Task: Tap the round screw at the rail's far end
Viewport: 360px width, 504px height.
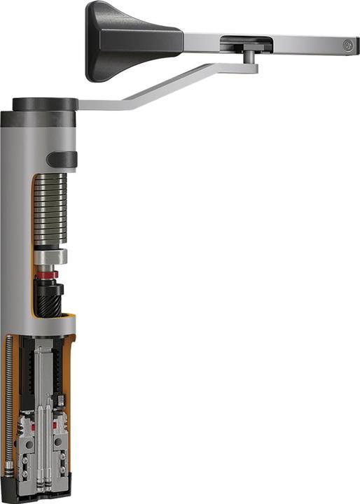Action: pyautogui.click(x=347, y=45)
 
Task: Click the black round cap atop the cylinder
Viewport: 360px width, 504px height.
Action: pyautogui.click(x=45, y=104)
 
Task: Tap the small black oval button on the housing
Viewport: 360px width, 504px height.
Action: pyautogui.click(x=62, y=159)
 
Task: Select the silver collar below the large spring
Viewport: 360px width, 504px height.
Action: pyautogui.click(x=50, y=257)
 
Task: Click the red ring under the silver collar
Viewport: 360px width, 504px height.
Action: pyautogui.click(x=48, y=276)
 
